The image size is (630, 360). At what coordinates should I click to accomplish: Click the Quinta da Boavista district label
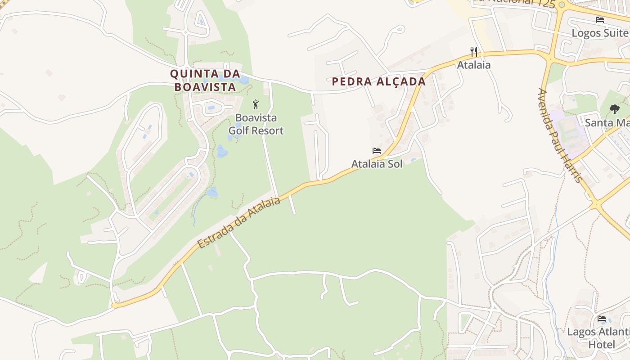[x=205, y=80]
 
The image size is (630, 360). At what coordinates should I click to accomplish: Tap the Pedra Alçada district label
[x=378, y=81]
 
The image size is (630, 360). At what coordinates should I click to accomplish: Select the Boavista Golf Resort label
[x=256, y=124]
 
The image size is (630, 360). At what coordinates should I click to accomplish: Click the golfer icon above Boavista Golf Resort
[x=256, y=105]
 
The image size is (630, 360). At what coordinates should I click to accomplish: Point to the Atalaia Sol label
[x=377, y=164]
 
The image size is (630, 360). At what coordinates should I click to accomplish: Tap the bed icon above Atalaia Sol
[x=377, y=151]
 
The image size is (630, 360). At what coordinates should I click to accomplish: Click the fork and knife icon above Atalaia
[x=473, y=52]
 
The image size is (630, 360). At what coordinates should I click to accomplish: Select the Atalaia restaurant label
[x=473, y=65]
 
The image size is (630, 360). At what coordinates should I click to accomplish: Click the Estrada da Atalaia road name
[x=239, y=222]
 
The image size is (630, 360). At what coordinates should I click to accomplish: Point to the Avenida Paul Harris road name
[x=560, y=135]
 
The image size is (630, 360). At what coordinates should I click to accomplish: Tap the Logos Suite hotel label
[x=600, y=33]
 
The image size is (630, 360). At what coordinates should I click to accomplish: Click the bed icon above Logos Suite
[x=599, y=20]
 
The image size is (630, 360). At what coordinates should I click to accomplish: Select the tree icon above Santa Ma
[x=614, y=109]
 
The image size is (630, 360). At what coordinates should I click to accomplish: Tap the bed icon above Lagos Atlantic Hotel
[x=602, y=319]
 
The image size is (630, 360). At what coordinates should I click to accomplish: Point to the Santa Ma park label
[x=607, y=122]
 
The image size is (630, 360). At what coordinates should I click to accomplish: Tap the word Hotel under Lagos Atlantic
[x=602, y=345]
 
